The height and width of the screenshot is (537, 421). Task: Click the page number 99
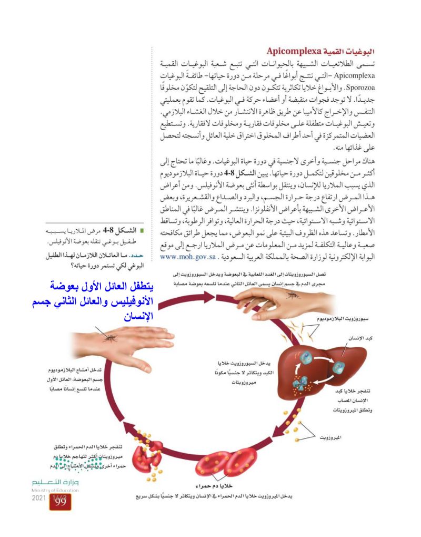coord(60,502)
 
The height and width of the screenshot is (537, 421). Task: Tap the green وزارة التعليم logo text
coord(55,483)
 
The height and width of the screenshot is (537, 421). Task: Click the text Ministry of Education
coord(55,490)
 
